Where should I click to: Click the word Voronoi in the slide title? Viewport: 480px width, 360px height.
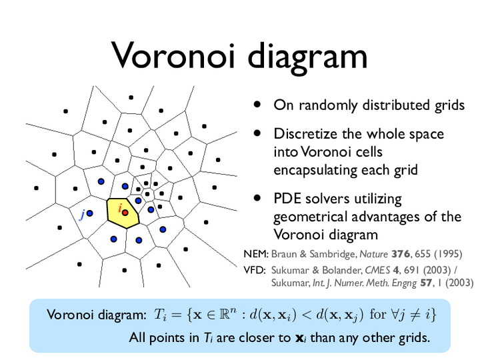tap(173, 55)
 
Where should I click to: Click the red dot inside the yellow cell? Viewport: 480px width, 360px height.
tap(125, 213)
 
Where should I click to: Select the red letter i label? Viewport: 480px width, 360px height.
tap(120, 208)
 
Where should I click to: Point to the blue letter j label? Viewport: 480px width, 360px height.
tap(82, 214)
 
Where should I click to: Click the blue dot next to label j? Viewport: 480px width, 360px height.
tap(90, 213)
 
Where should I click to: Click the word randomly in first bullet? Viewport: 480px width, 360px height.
tap(328, 106)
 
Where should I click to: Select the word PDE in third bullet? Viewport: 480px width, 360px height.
tap(287, 199)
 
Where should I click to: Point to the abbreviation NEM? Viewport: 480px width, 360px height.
tap(256, 254)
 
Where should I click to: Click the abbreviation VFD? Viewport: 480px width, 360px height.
tap(255, 270)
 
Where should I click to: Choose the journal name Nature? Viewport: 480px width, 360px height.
tap(373, 254)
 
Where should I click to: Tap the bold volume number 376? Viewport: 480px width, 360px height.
tap(401, 254)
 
